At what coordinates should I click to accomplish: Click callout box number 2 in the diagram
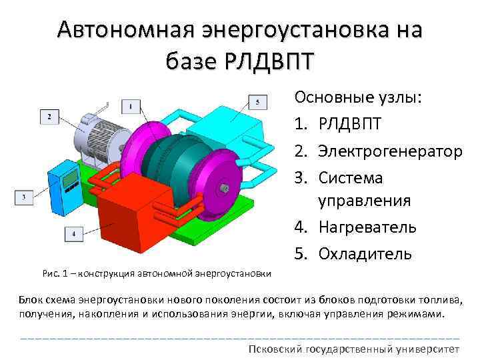tap(49, 117)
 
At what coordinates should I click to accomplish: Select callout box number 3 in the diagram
tap(23, 197)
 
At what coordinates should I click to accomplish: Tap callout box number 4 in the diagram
tap(73, 233)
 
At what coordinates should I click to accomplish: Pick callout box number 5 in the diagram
tap(257, 102)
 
